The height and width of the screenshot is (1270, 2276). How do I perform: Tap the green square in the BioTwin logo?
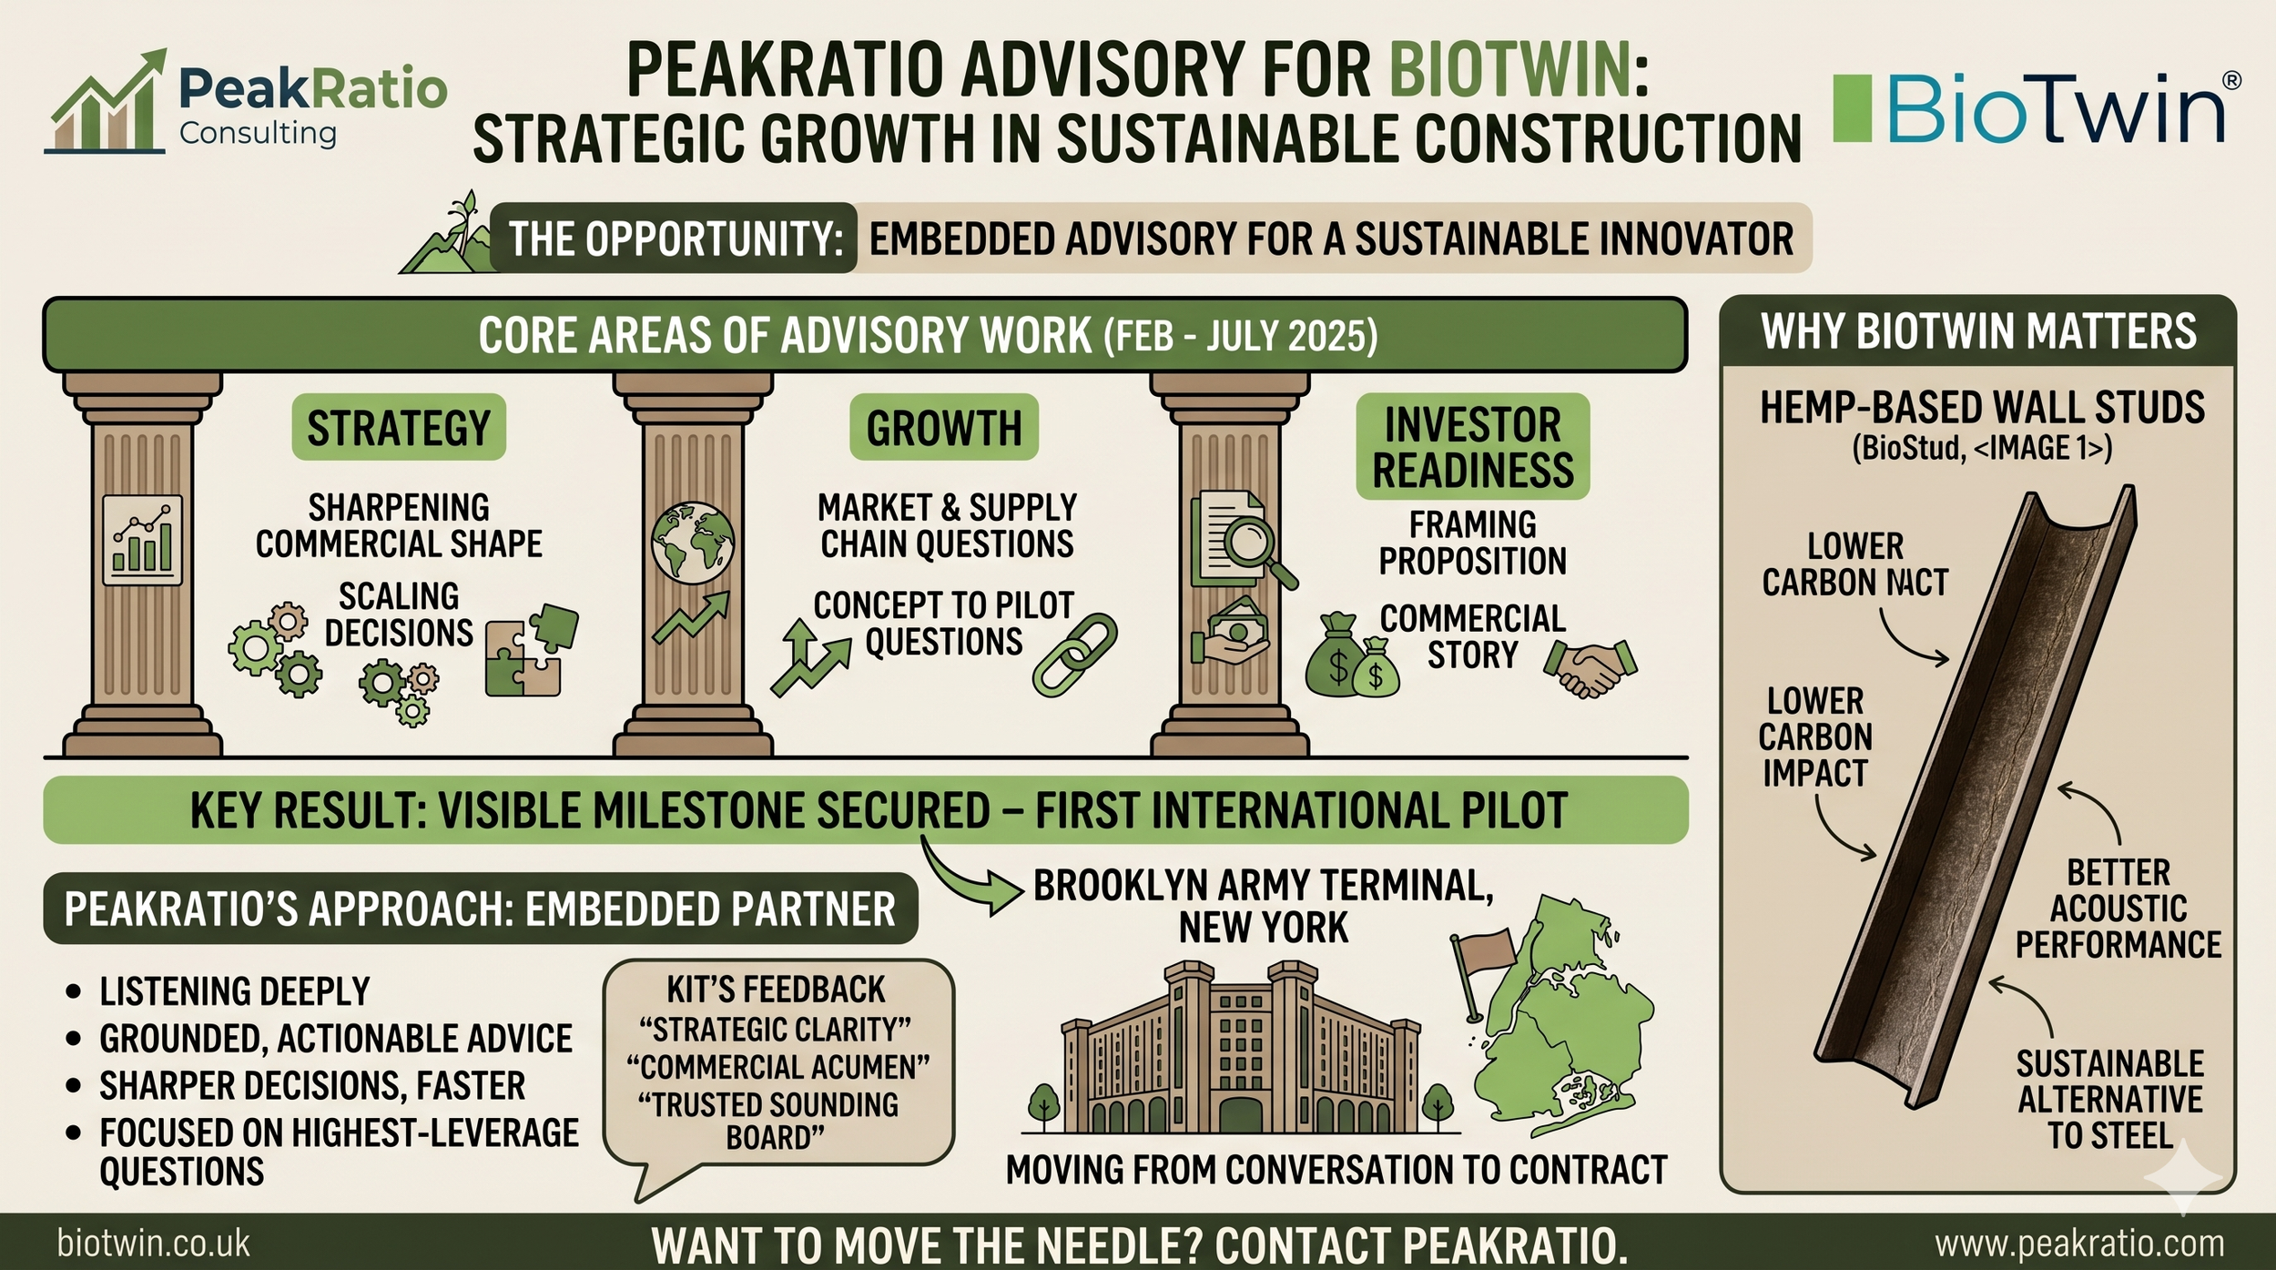click(x=1851, y=109)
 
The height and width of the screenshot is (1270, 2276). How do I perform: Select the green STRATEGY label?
click(x=399, y=428)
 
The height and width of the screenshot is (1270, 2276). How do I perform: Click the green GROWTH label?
click(x=944, y=428)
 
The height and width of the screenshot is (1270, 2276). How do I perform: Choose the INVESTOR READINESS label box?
click(x=1472, y=447)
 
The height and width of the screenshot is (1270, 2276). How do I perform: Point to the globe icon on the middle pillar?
click(x=693, y=543)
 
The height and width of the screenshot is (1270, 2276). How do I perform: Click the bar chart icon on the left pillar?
click(x=143, y=541)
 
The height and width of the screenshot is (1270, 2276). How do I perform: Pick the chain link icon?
click(x=1074, y=655)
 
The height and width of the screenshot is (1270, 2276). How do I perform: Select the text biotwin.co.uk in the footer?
click(x=153, y=1244)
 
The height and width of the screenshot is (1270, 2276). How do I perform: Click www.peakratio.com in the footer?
click(x=2079, y=1244)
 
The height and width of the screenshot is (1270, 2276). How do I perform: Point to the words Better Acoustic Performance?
click(x=2118, y=909)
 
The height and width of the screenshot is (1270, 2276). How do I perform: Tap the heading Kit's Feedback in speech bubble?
click(x=776, y=990)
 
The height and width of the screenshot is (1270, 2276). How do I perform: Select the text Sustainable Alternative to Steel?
click(x=2109, y=1100)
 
